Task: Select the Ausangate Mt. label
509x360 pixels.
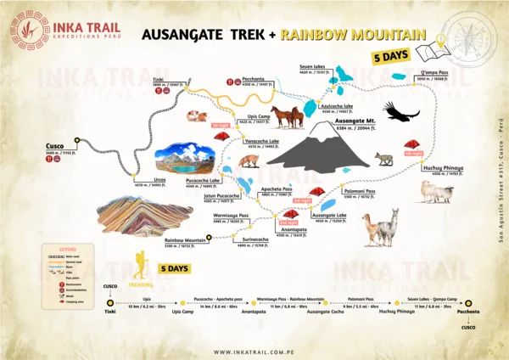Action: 355,121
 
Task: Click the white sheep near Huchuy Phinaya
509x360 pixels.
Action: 438,191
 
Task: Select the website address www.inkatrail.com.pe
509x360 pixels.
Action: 255,352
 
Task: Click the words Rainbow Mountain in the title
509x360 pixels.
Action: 353,36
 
